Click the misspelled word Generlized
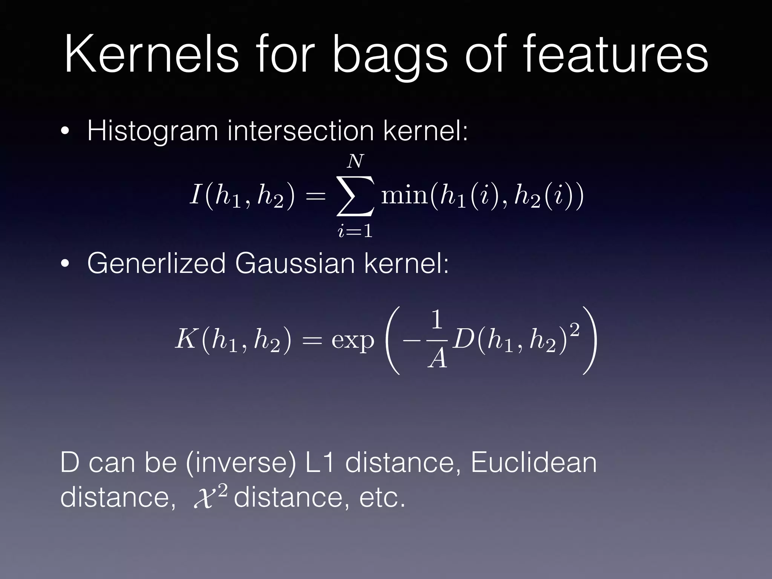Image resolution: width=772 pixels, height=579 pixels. tap(156, 263)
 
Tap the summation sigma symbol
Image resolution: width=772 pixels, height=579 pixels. tap(355, 196)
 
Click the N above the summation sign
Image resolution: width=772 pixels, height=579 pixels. tap(355, 161)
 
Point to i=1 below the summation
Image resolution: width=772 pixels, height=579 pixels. tap(355, 231)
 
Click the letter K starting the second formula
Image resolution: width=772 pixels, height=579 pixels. tap(185, 339)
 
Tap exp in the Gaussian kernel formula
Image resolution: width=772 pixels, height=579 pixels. tap(352, 341)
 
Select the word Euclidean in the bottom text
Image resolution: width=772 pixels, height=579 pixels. tap(533, 463)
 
